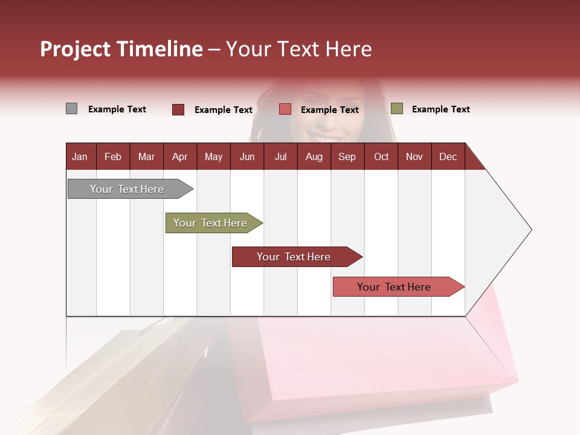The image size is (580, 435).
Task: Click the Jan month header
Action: click(x=80, y=156)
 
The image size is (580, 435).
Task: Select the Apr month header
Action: click(x=179, y=156)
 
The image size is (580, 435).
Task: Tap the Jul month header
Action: click(x=280, y=156)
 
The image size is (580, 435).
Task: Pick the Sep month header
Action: click(x=347, y=156)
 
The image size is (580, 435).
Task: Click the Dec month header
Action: click(x=448, y=156)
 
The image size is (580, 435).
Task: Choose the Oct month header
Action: click(x=381, y=156)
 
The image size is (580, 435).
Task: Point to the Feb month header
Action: click(x=113, y=156)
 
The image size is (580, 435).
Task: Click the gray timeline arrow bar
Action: click(x=127, y=189)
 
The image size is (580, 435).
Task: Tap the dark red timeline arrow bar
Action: click(x=294, y=257)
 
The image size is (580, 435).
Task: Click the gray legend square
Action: click(x=71, y=109)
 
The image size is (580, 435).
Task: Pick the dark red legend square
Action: click(x=178, y=109)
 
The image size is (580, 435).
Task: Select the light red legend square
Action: click(x=285, y=109)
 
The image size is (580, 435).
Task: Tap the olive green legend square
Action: click(x=397, y=109)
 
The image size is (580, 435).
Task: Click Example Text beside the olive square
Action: click(x=440, y=109)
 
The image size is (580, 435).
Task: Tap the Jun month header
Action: click(x=247, y=156)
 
